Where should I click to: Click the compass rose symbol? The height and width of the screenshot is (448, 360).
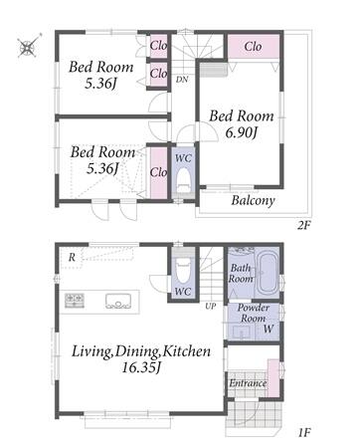(28, 47)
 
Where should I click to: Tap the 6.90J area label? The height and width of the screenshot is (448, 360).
(241, 133)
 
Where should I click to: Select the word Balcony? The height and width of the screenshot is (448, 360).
(253, 200)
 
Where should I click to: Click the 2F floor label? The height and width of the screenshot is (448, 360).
(303, 226)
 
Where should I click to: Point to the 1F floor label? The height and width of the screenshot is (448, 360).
(303, 432)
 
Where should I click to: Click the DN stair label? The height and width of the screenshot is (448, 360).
(182, 80)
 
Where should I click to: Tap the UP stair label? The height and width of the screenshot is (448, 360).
(210, 306)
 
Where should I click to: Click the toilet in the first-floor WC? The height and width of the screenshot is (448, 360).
(183, 270)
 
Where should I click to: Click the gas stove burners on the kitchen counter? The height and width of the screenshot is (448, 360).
(75, 300)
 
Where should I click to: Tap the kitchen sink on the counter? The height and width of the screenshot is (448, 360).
(118, 301)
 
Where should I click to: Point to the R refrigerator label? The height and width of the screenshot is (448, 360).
(72, 258)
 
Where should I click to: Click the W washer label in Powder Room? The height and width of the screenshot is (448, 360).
(269, 329)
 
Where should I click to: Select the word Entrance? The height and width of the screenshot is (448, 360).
(248, 383)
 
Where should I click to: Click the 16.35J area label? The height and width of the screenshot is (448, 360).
(141, 367)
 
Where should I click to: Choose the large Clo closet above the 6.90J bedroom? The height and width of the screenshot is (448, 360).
(254, 47)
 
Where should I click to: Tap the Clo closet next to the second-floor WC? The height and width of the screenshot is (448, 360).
(158, 172)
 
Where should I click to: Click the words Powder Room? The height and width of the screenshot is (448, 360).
(254, 313)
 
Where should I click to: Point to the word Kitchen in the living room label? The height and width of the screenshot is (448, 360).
(186, 351)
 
